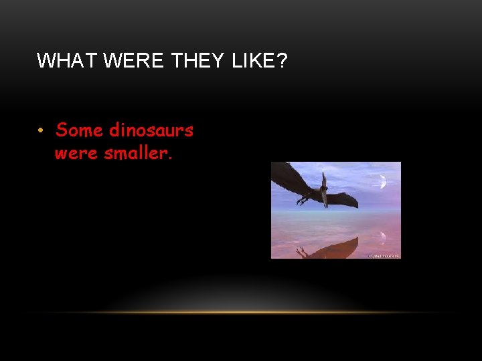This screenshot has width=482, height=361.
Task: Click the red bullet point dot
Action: click(x=41, y=130)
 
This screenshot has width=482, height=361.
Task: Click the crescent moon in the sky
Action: click(x=383, y=181)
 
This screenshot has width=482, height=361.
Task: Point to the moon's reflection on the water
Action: click(x=382, y=235)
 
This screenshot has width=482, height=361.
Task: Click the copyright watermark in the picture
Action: click(x=384, y=255)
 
